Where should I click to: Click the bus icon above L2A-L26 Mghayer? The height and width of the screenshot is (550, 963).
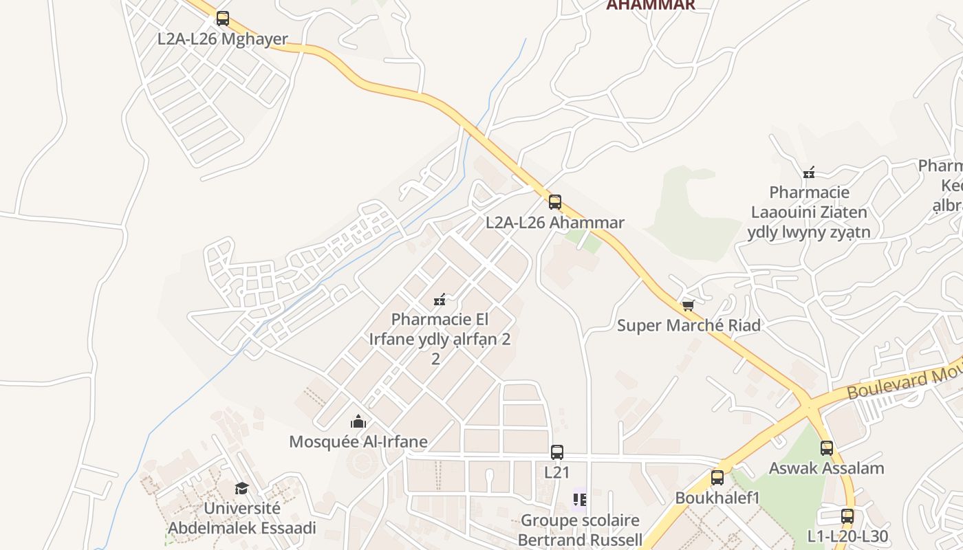[x=222, y=19]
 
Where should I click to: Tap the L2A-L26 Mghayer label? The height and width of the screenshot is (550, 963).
[x=222, y=38]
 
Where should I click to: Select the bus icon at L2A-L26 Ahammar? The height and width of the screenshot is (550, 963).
[x=554, y=202]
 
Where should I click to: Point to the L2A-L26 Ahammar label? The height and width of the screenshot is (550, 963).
[x=554, y=222]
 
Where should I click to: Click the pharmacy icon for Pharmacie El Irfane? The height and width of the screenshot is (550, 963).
[x=440, y=300]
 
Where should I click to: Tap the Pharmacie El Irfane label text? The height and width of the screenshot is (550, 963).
[x=440, y=329]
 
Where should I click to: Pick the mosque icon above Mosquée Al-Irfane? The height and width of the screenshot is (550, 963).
[x=358, y=421]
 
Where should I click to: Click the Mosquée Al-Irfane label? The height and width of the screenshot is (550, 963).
[x=358, y=441]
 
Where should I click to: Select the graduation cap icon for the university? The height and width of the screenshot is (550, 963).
[x=241, y=488]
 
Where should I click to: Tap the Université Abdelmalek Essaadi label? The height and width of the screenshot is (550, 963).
[x=241, y=518]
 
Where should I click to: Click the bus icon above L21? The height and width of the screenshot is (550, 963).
[x=556, y=452]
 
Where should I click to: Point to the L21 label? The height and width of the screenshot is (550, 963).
[x=556, y=472]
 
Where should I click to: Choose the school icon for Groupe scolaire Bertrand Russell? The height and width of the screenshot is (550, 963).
[x=580, y=500]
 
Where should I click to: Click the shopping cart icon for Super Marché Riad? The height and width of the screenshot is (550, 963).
[x=688, y=305]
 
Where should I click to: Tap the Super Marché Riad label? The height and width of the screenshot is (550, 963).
[x=688, y=325]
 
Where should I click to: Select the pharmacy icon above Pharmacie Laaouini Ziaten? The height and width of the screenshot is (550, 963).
[x=809, y=172]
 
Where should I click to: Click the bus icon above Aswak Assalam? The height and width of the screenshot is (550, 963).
[x=826, y=448]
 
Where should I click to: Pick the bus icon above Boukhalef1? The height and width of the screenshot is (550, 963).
[x=717, y=477]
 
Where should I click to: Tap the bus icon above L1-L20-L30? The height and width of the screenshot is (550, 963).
[x=847, y=516]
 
